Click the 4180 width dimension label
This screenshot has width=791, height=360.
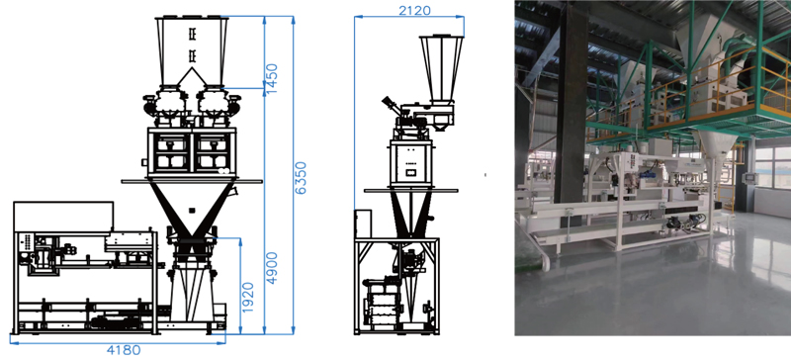(123, 350)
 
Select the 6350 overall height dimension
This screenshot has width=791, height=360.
(301, 178)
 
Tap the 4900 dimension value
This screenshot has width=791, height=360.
(272, 268)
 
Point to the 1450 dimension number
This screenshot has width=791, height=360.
(272, 78)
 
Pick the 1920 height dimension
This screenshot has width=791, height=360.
(248, 298)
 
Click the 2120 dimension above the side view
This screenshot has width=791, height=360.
(414, 10)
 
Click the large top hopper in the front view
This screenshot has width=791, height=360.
(192, 50)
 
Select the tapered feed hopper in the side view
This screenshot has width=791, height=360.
(441, 68)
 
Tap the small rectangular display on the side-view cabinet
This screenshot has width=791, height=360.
(411, 173)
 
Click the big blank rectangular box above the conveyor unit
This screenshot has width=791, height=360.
(63, 217)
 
